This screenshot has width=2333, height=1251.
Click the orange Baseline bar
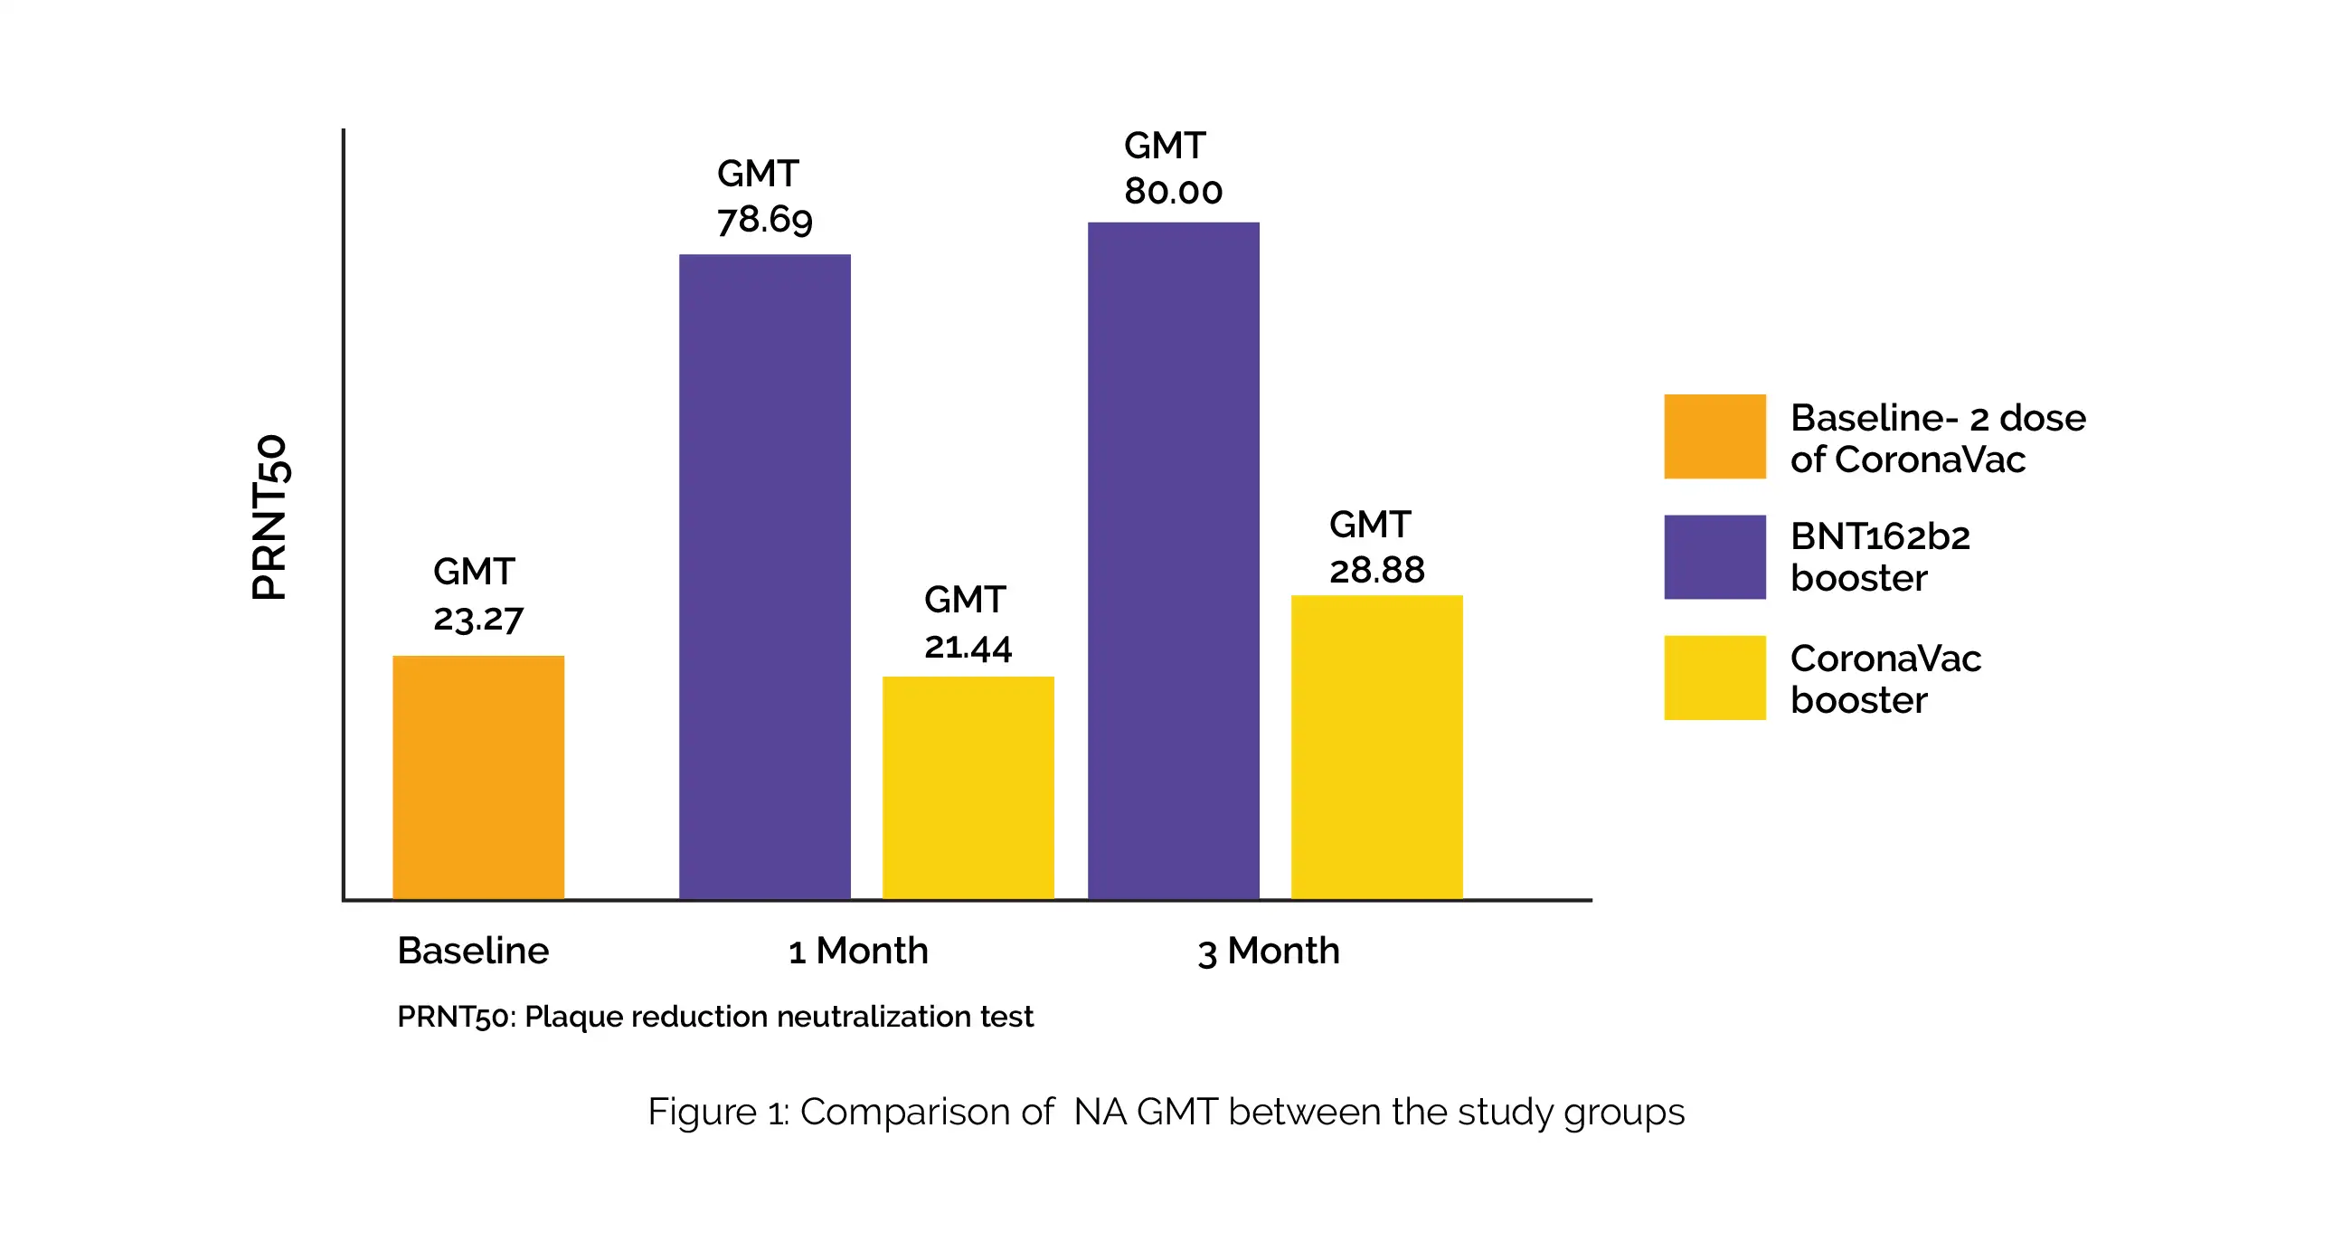tap(478, 777)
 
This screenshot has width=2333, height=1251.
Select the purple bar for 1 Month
tap(764, 576)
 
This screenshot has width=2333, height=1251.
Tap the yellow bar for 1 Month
tap(968, 787)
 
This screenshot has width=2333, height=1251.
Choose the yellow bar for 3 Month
tap(1376, 746)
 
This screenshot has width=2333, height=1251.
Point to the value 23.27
tap(478, 620)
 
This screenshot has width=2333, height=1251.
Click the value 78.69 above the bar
tap(764, 219)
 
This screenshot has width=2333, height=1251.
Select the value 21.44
tap(968, 647)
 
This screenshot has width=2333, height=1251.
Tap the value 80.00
tap(1173, 191)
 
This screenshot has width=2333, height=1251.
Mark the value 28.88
tap(1376, 570)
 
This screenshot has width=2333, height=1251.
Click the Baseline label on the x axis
tap(473, 951)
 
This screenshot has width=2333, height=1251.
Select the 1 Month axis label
tap(857, 951)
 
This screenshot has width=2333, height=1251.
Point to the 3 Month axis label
tap(1268, 952)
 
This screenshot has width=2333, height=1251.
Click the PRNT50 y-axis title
tap(269, 517)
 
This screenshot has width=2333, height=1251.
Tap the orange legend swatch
tap(1714, 436)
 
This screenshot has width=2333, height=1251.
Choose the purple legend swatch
tap(1714, 556)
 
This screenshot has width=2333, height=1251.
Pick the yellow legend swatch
tap(1714, 678)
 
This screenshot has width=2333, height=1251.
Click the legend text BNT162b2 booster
tap(1879, 556)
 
